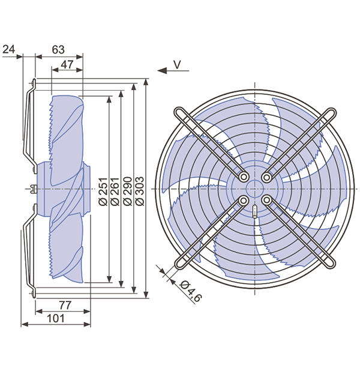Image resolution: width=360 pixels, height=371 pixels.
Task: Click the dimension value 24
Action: tap(9, 49)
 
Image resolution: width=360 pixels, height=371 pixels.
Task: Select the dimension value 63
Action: tap(58, 49)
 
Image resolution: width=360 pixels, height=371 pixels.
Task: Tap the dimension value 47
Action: tap(67, 64)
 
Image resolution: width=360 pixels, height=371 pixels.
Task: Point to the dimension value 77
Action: tap(65, 305)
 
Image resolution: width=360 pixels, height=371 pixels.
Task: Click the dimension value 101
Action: tap(56, 319)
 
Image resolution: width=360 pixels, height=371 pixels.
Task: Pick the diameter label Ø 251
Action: tap(103, 192)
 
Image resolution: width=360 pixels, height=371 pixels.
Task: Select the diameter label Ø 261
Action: tap(115, 192)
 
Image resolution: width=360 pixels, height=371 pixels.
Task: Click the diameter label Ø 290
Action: tap(128, 192)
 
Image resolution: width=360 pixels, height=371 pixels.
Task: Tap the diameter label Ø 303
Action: tap(140, 192)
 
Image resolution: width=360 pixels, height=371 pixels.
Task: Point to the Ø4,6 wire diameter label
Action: tap(191, 292)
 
